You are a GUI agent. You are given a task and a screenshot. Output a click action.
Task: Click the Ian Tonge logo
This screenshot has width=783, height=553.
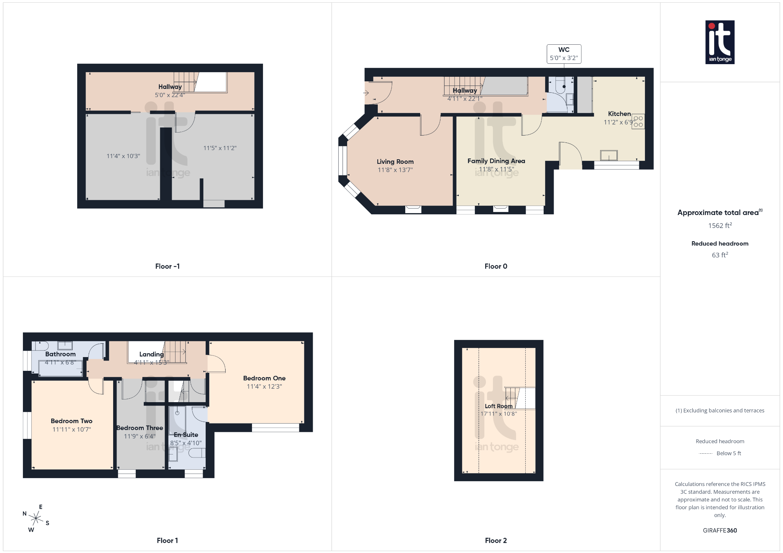tap(720, 42)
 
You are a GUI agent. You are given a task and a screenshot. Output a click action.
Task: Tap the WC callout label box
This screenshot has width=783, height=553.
tap(564, 54)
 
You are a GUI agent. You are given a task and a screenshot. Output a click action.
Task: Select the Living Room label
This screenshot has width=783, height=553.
tap(395, 162)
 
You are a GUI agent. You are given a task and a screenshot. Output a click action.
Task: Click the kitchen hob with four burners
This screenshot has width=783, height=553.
tap(638, 121)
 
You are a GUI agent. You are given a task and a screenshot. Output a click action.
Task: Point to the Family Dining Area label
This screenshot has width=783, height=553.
tap(496, 161)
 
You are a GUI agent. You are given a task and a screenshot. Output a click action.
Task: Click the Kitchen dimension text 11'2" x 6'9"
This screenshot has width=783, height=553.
tap(619, 122)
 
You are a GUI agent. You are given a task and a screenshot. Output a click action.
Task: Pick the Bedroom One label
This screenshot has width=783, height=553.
tap(264, 378)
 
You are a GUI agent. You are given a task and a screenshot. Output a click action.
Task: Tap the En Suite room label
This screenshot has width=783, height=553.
tap(186, 435)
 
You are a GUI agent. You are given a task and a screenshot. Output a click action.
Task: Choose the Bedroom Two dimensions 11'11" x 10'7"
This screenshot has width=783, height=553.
tap(71, 429)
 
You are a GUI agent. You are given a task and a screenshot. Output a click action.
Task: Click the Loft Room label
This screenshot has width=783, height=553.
tap(499, 406)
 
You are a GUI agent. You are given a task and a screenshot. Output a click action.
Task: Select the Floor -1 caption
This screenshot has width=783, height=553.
tap(167, 266)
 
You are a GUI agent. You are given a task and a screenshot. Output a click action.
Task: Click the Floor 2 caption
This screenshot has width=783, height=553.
tap(495, 540)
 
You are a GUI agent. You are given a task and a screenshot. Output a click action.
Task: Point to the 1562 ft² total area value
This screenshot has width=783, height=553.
tap(720, 225)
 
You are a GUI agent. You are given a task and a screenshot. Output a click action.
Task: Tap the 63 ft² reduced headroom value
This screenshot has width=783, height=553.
tap(720, 255)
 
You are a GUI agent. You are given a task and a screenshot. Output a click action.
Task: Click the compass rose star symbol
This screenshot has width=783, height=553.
tap(36, 518)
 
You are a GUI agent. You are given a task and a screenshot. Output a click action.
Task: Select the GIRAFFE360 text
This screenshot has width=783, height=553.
tap(720, 530)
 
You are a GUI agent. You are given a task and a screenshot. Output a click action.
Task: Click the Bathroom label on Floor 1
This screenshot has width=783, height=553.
tap(60, 354)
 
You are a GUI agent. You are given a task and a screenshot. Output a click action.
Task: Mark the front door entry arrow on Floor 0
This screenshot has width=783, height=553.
tap(366, 93)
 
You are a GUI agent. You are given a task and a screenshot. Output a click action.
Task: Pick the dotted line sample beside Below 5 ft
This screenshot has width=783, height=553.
tap(705, 453)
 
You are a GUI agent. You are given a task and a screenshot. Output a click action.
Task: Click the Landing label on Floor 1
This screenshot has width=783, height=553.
tap(151, 354)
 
